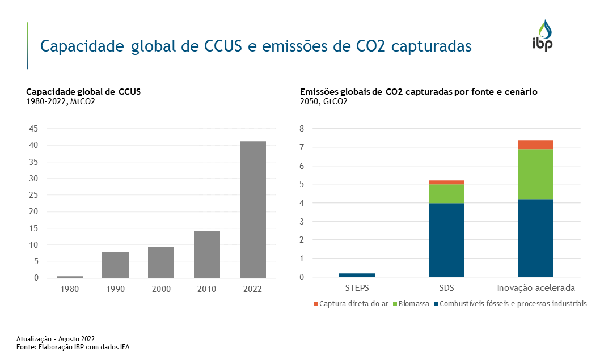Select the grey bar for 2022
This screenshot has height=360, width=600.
(x=252, y=209)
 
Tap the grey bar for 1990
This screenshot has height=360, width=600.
(x=115, y=265)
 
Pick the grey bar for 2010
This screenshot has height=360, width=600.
(x=206, y=254)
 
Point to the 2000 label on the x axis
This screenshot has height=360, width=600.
(x=161, y=289)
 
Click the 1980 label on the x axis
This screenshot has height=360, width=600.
(x=70, y=289)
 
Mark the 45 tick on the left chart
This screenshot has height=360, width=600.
(x=33, y=129)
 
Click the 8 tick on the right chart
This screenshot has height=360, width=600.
(x=302, y=129)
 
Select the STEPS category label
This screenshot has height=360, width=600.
(x=357, y=287)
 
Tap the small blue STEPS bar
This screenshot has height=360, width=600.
(x=357, y=275)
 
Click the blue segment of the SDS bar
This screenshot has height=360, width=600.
(x=446, y=240)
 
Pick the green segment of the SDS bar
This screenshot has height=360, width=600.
(x=446, y=193)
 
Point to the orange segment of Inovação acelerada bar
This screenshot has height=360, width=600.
(x=536, y=145)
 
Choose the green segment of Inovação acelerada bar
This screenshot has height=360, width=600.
(x=536, y=174)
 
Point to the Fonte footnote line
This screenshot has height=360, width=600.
(x=73, y=346)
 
